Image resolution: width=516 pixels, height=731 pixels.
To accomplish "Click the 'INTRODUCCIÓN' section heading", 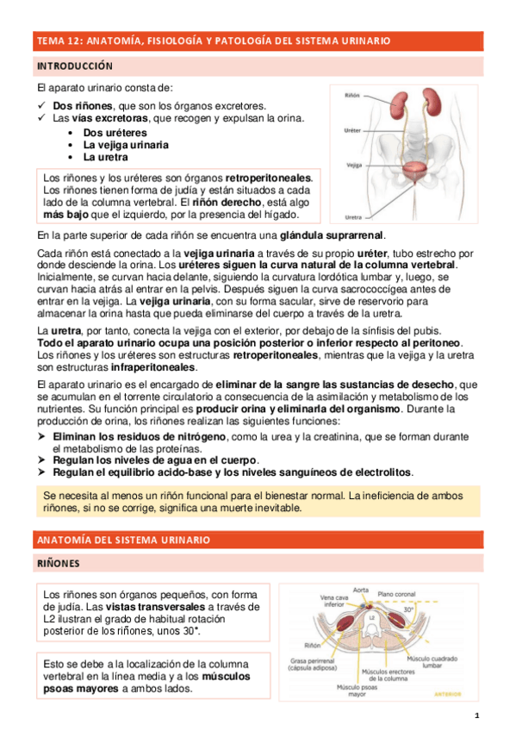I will pyautogui.click(x=74, y=66).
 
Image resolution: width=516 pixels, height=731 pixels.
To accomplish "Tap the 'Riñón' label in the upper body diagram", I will pyautogui.click(x=352, y=95).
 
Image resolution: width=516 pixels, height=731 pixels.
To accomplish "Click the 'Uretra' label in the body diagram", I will pyautogui.click(x=352, y=216).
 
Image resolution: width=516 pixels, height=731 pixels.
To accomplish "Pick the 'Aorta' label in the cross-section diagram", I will pyautogui.click(x=362, y=590).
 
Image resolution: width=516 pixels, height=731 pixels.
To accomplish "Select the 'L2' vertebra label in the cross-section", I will pyautogui.click(x=371, y=618).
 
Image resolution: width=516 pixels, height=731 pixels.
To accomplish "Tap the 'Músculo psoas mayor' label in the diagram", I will pyautogui.click(x=353, y=690).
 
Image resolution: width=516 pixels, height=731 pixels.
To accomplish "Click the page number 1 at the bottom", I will pyautogui.click(x=476, y=716).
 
